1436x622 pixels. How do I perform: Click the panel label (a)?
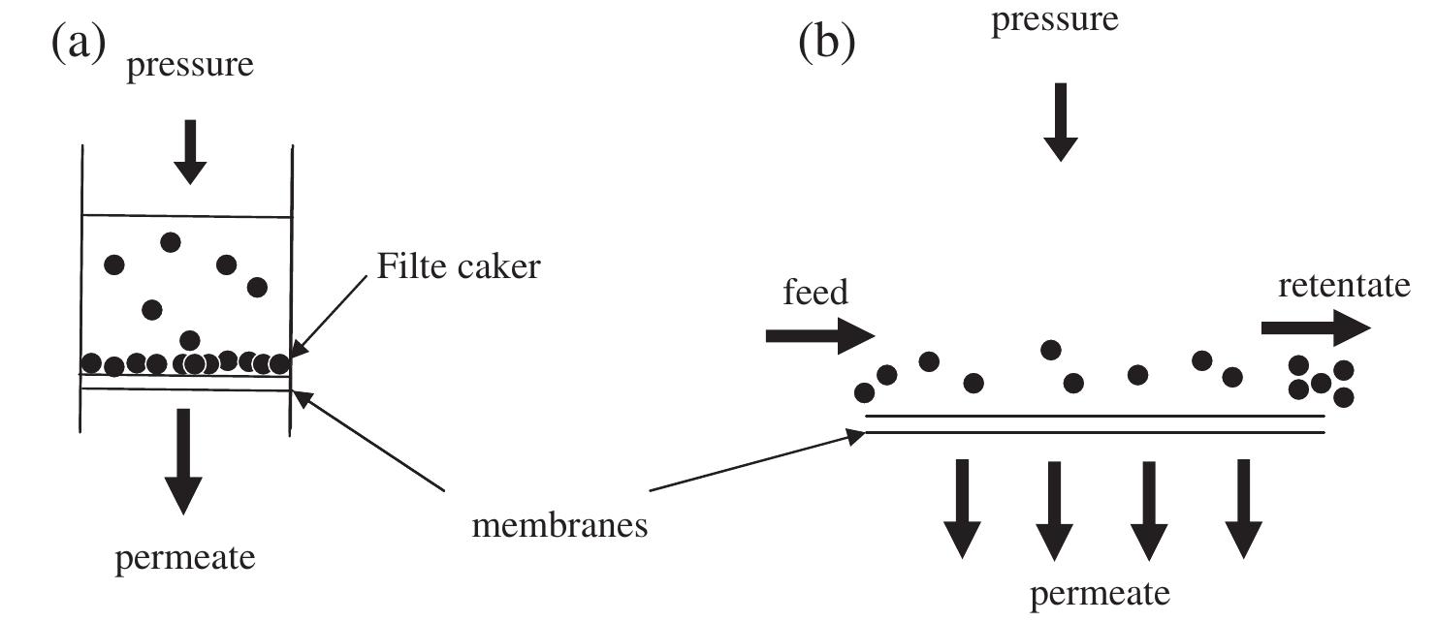(x=77, y=45)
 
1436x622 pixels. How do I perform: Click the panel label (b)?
(x=826, y=45)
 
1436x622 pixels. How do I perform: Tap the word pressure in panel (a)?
(x=190, y=66)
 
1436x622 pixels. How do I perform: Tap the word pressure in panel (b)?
(x=1053, y=19)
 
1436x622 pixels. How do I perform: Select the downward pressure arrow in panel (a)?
(x=190, y=150)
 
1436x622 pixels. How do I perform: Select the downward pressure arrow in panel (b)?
(x=1060, y=120)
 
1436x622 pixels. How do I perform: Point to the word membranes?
(x=560, y=526)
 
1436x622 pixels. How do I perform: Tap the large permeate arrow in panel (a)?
(x=183, y=460)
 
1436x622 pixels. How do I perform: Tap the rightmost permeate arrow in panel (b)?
(x=1243, y=508)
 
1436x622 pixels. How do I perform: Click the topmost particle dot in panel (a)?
(x=171, y=241)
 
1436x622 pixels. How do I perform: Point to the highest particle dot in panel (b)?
(x=1050, y=350)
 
